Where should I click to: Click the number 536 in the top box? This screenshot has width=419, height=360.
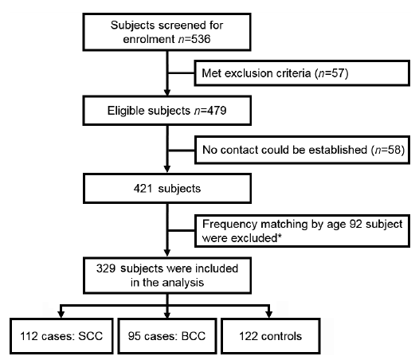point(201,39)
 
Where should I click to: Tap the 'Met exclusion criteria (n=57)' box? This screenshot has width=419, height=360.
point(302,73)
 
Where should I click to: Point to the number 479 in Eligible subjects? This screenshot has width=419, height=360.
point(217,111)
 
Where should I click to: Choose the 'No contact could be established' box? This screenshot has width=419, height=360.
point(302,150)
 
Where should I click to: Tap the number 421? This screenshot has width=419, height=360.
point(143,189)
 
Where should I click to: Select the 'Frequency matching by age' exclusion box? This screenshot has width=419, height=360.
point(302,231)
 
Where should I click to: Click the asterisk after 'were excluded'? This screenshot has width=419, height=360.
point(280,236)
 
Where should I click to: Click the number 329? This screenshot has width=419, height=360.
point(106,268)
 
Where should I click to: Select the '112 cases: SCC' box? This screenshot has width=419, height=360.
point(61,336)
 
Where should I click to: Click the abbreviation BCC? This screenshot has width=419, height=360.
point(194,336)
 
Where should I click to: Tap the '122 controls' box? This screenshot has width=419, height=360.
point(270,336)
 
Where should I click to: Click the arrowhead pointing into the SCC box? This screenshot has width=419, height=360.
point(61,315)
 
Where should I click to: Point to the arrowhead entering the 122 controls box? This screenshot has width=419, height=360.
point(269,315)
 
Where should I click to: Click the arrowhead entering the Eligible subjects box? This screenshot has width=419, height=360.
point(167,92)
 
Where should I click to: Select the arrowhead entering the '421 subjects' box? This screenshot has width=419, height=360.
point(167,169)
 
